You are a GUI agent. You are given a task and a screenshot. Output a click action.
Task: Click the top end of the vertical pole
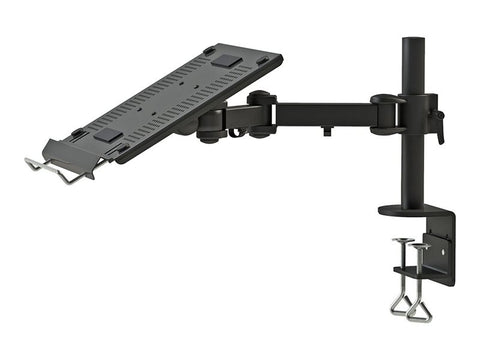click(x=413, y=42)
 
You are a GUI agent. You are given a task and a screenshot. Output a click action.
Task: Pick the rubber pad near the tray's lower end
click(x=108, y=135)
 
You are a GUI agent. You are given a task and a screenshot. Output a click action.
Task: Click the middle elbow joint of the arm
click(x=263, y=113)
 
